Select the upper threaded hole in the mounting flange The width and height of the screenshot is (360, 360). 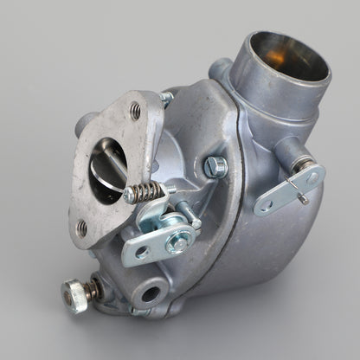134,110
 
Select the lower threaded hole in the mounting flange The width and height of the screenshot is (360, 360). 82,228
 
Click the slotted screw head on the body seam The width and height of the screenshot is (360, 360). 214,164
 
